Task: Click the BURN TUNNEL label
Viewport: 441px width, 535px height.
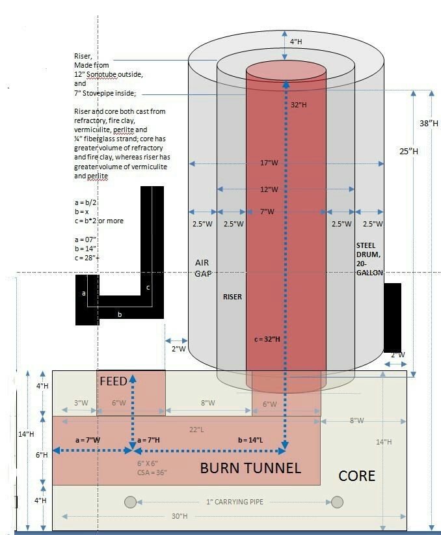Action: click(250, 467)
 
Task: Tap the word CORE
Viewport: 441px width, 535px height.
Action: click(357, 476)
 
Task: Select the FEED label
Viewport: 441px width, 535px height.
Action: click(113, 381)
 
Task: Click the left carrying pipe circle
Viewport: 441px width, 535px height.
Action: click(131, 501)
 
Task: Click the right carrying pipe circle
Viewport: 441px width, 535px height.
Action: click(337, 501)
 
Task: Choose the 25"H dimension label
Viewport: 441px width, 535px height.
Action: click(408, 151)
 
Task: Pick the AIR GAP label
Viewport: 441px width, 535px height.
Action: click(202, 268)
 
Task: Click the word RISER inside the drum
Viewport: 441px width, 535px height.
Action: click(232, 297)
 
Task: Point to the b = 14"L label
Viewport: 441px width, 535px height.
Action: click(250, 441)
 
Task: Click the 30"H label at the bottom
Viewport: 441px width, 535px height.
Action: click(180, 516)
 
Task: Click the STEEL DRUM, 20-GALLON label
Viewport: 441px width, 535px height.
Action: click(369, 259)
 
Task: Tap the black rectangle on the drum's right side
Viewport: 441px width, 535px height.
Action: click(392, 317)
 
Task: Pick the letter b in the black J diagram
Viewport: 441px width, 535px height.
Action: click(119, 314)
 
